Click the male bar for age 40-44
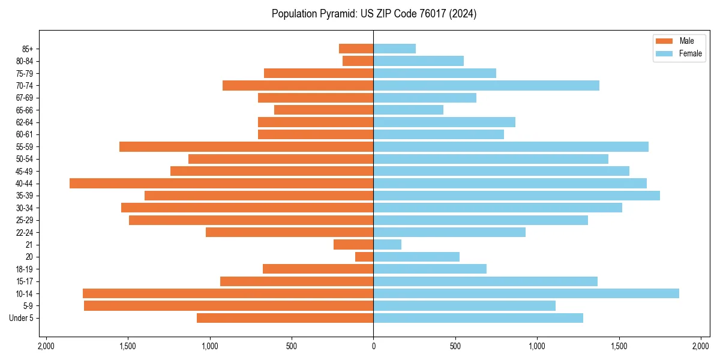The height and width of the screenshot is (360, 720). click(221, 183)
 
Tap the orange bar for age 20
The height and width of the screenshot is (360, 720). click(364, 257)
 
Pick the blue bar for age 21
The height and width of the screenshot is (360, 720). click(388, 244)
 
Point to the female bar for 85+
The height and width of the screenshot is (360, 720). click(395, 49)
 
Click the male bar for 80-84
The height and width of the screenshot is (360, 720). click(358, 61)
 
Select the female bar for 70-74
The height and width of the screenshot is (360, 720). click(486, 85)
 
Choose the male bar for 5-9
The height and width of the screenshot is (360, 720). click(229, 305)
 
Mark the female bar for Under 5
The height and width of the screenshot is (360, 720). click(478, 318)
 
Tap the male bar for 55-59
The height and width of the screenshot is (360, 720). click(246, 146)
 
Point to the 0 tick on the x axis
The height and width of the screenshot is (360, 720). click(373, 346)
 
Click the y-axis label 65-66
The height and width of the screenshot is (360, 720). click(24, 110)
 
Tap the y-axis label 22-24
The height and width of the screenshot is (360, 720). click(24, 232)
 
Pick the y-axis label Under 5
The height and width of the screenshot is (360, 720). click(22, 318)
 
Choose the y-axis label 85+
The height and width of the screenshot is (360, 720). click(27, 49)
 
